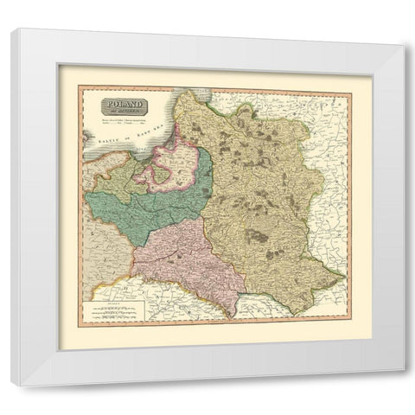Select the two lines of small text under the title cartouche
pos(126,124)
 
